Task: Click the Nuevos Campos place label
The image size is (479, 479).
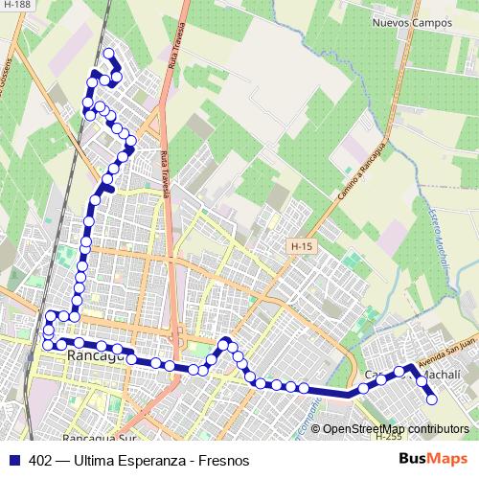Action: (410, 22)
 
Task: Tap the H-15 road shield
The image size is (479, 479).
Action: (301, 247)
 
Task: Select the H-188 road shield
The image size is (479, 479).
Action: (16, 5)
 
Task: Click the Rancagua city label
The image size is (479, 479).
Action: (97, 355)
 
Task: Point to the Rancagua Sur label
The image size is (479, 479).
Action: (102, 439)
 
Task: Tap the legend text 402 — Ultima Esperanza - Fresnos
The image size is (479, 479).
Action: (139, 460)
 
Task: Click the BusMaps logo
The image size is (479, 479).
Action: (433, 459)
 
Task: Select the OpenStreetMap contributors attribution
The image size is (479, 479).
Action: (395, 429)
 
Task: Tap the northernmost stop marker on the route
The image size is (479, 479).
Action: (108, 54)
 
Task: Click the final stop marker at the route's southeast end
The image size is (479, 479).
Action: (432, 399)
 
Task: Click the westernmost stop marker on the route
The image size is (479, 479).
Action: (46, 344)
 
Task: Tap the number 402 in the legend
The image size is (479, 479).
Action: (40, 460)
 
